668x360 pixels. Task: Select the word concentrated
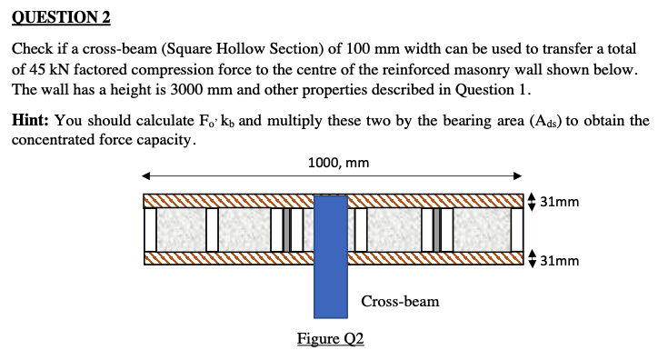(x=54, y=140)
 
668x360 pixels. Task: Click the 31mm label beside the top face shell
(x=558, y=202)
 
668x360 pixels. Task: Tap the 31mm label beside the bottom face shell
(x=558, y=261)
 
